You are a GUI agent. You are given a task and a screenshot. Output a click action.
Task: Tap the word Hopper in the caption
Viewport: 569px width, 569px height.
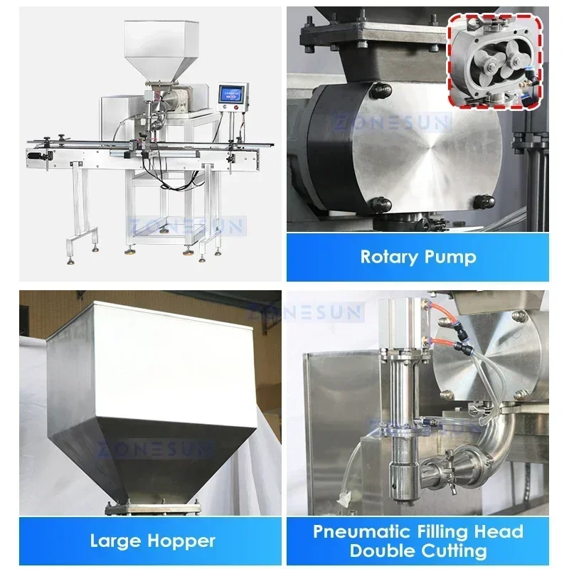pos(182,541)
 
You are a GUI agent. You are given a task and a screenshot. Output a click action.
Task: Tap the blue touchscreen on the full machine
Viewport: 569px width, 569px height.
pos(232,94)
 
